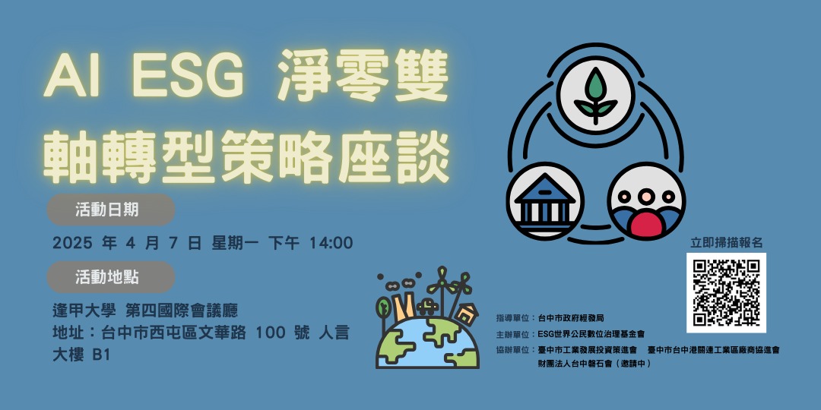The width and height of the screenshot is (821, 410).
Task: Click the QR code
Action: click(x=726, y=292)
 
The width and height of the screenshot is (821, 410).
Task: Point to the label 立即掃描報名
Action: click(x=726, y=242)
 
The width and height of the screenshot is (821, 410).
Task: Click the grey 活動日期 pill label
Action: click(x=111, y=210)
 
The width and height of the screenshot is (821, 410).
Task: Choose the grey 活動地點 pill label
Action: click(x=111, y=277)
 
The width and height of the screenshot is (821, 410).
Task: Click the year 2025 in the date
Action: click(x=72, y=244)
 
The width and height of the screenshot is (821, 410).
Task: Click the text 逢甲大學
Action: click(x=79, y=311)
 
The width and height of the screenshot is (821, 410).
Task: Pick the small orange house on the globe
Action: click(x=467, y=312)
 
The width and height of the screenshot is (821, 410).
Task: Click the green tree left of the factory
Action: click(x=384, y=307)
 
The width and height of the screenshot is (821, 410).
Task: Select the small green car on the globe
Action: click(x=429, y=307)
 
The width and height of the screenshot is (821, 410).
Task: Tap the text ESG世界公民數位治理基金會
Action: click(x=591, y=333)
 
